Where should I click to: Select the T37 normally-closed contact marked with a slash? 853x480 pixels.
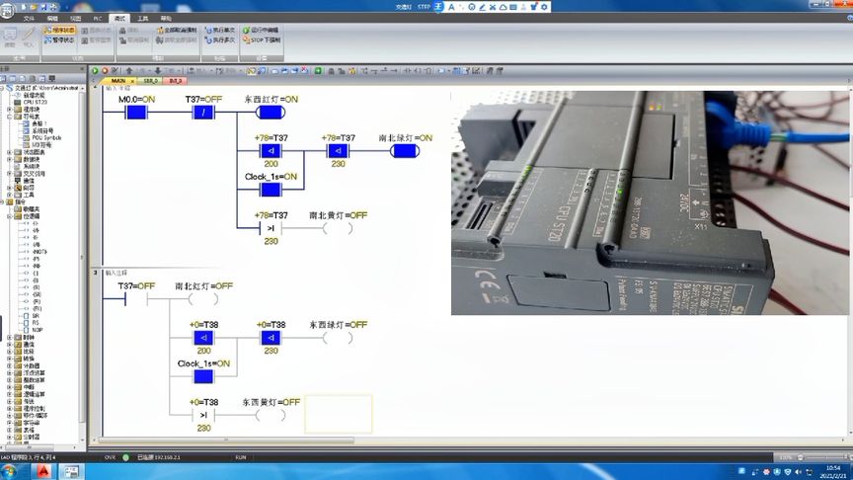coord(203,112)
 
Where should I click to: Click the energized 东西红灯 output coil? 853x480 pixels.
coord(271,112)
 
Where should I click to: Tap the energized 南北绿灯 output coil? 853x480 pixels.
coord(405,150)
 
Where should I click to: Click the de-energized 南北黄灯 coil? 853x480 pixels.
coord(338,227)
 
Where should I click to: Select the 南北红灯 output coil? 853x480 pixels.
coord(203,297)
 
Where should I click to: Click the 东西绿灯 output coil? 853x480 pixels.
coord(338,337)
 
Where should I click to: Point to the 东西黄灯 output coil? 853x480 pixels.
coord(271,415)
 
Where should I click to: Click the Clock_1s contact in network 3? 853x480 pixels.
coord(202,375)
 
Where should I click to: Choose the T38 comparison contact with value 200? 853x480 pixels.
coord(202,337)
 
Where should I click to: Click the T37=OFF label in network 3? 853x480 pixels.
coord(136,285)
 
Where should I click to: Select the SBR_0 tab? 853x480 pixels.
coord(150,80)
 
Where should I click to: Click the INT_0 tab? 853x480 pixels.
coord(176,80)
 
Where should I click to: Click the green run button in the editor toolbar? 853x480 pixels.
coord(96,70)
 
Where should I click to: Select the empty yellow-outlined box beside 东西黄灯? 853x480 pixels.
coord(339,414)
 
